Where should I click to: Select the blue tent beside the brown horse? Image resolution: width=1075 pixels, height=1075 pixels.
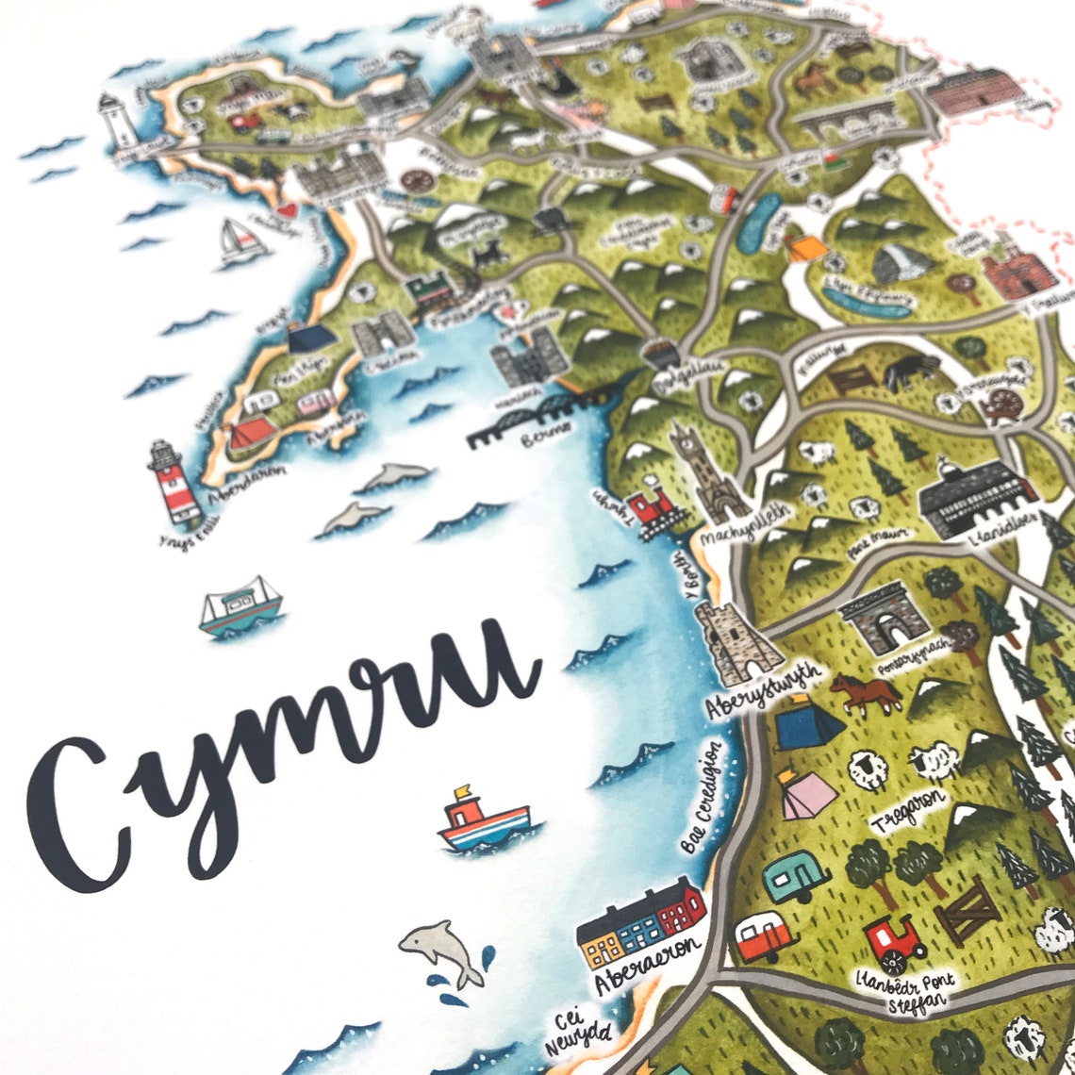coord(808,724)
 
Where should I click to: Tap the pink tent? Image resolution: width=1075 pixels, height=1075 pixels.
coord(806,795)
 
